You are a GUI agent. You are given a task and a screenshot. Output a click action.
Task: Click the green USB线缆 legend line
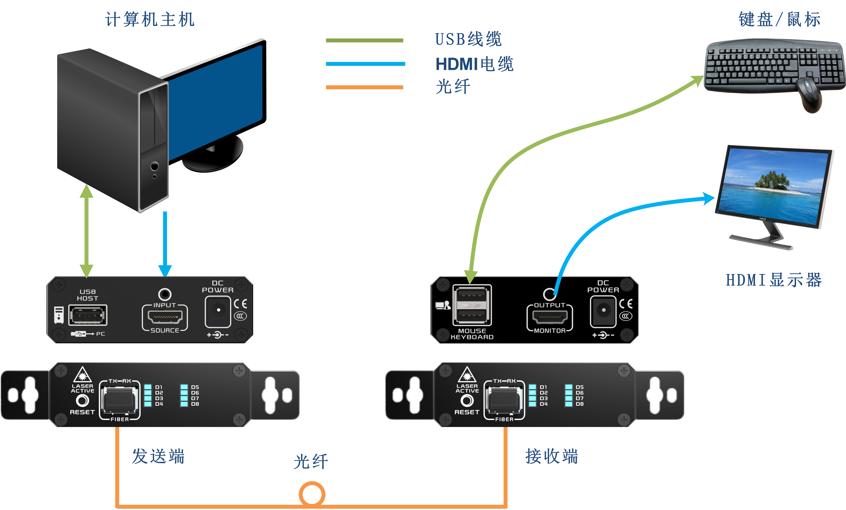tap(364, 41)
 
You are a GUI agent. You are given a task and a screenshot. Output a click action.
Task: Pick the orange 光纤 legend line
tap(364, 87)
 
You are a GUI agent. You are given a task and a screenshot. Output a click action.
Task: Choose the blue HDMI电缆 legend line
tap(365, 64)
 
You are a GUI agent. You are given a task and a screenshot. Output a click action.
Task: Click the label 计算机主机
tap(150, 19)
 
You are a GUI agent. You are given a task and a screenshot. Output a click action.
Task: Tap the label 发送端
tap(158, 456)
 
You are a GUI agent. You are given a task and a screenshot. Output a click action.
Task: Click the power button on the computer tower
tap(155, 166)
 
